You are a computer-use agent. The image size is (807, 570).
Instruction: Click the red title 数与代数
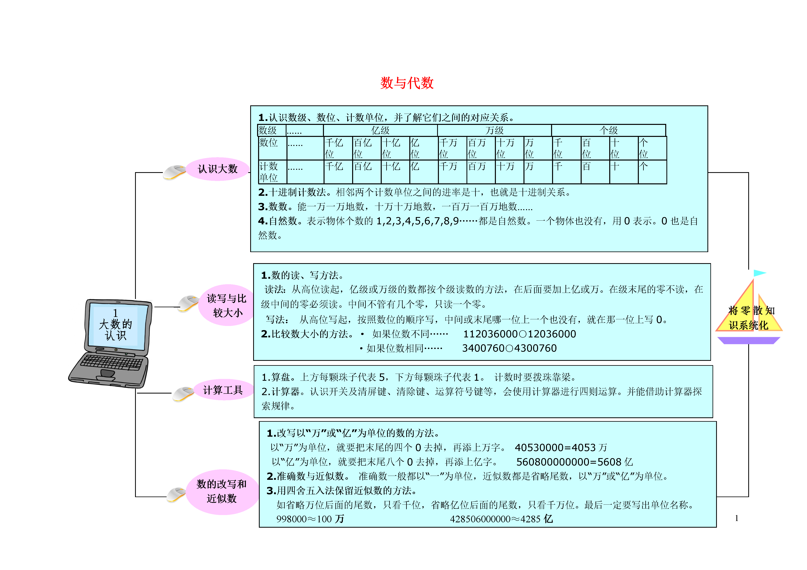(x=407, y=83)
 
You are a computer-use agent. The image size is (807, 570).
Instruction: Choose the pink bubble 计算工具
(x=223, y=390)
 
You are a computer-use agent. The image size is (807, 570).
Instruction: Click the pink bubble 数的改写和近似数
(x=222, y=491)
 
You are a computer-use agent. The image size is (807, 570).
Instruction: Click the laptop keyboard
(x=112, y=362)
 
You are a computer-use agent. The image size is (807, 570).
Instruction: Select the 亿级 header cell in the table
(x=380, y=130)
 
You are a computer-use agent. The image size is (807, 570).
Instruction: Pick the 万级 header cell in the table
(x=494, y=130)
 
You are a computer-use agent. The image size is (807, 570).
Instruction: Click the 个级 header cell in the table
(x=609, y=130)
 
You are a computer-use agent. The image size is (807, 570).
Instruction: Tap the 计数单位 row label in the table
(x=269, y=172)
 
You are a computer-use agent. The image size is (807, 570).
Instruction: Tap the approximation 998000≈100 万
(x=310, y=519)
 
